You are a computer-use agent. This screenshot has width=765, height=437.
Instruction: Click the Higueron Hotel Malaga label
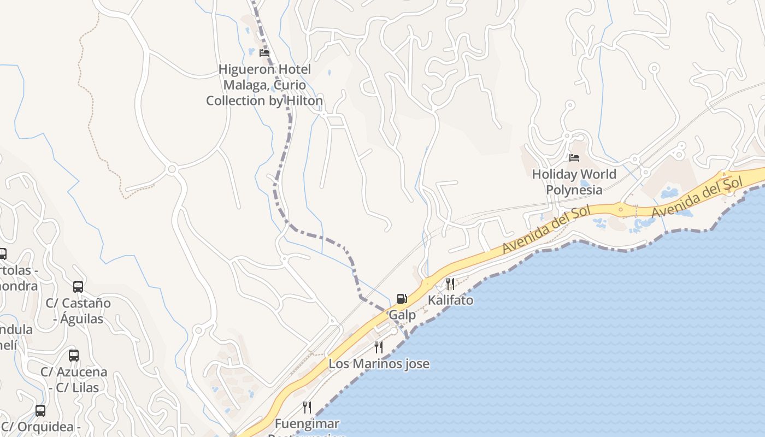[x=264, y=85]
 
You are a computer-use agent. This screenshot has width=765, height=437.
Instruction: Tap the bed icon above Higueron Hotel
[x=264, y=53]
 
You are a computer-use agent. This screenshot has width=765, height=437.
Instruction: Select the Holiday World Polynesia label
[x=574, y=182]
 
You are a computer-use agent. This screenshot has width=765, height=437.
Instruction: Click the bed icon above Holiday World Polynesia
[x=574, y=158]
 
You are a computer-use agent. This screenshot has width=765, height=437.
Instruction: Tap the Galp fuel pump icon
[x=402, y=299]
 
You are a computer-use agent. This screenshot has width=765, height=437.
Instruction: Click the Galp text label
[x=402, y=315]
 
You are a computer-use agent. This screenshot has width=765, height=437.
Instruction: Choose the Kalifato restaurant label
[x=450, y=300]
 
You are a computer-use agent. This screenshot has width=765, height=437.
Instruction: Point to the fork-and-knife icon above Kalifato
[x=450, y=284]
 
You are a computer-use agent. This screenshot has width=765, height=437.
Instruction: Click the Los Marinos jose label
[x=379, y=364]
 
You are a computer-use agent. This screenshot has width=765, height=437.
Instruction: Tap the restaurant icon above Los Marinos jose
[x=378, y=347]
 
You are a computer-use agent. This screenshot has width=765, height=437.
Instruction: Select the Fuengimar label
[x=307, y=424]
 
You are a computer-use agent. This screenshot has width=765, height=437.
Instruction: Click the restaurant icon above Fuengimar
[x=307, y=408]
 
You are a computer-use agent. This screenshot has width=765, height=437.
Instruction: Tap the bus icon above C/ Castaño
[x=78, y=287]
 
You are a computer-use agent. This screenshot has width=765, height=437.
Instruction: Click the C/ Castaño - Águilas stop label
[x=78, y=311]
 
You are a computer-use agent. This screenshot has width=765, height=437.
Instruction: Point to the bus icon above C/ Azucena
[x=74, y=356]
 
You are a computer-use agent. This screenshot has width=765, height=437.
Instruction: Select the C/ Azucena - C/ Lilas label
[x=74, y=380]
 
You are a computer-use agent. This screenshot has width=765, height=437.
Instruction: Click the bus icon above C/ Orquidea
[x=40, y=411]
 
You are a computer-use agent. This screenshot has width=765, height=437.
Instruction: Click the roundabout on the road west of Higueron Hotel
[x=172, y=169]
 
